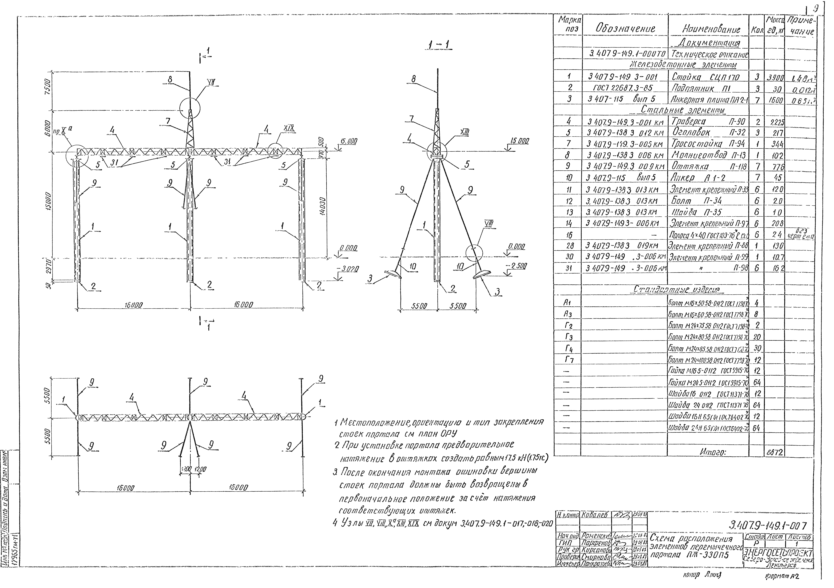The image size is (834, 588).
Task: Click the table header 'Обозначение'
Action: tap(625, 29)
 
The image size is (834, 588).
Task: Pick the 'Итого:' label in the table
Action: tap(712, 452)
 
